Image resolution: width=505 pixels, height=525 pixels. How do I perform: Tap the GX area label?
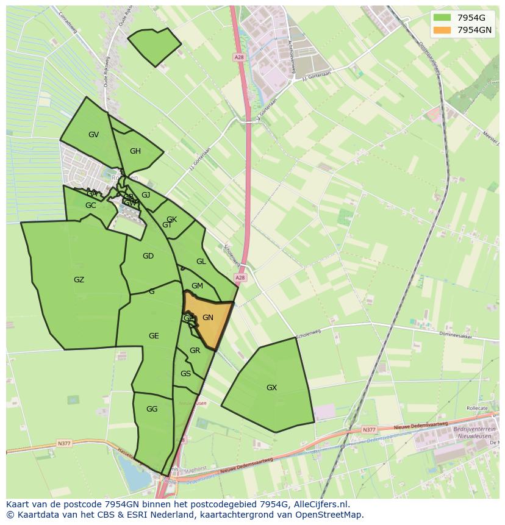click(271, 387)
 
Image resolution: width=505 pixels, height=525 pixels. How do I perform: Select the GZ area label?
click(79, 280)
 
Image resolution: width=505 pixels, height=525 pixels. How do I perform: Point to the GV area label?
click(93, 135)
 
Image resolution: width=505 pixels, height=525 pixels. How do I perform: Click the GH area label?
click(135, 151)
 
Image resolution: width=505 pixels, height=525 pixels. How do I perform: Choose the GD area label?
click(148, 256)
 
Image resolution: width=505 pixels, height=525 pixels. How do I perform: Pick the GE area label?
click(154, 336)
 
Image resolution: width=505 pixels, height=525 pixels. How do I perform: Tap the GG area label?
click(152, 409)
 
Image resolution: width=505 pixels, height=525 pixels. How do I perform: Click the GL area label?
click(201, 262)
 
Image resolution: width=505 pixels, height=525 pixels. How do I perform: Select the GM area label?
click(197, 286)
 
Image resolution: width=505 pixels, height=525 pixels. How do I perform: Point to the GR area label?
click(195, 351)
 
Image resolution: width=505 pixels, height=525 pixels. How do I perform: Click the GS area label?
click(185, 374)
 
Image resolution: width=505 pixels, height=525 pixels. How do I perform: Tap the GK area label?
click(171, 220)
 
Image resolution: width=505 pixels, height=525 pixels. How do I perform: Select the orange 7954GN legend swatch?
click(443, 30)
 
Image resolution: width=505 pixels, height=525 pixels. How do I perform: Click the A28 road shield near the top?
click(238, 57)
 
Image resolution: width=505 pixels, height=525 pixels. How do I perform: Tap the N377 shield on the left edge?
click(65, 443)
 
